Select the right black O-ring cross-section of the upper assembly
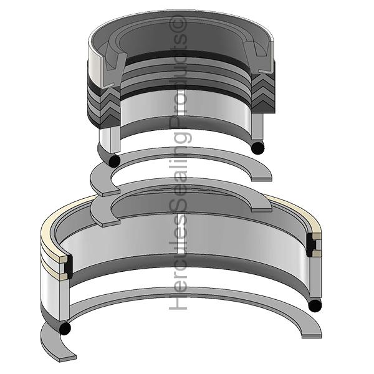point(258,148)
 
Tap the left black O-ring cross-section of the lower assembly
point(65,328)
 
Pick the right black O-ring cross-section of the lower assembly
point(315,305)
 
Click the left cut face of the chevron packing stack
point(110,107)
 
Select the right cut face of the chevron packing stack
point(263,93)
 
